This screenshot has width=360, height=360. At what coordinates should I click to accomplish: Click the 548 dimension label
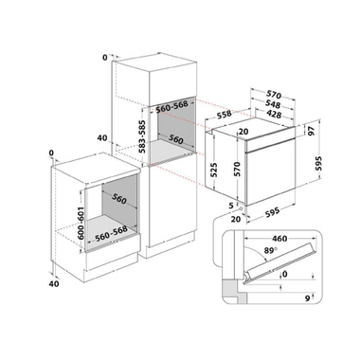tap(273, 104)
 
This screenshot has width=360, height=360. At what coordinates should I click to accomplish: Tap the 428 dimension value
tap(273, 114)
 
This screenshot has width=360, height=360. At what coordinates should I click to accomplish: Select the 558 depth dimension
tap(225, 115)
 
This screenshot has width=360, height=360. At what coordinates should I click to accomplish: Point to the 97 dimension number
tap(311, 131)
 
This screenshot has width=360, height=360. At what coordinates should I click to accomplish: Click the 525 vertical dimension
tap(213, 171)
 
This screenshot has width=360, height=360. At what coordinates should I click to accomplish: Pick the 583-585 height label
tap(143, 136)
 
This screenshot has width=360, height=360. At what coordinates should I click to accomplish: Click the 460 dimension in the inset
tap(279, 239)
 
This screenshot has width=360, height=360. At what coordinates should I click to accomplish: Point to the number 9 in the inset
tap(307, 298)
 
